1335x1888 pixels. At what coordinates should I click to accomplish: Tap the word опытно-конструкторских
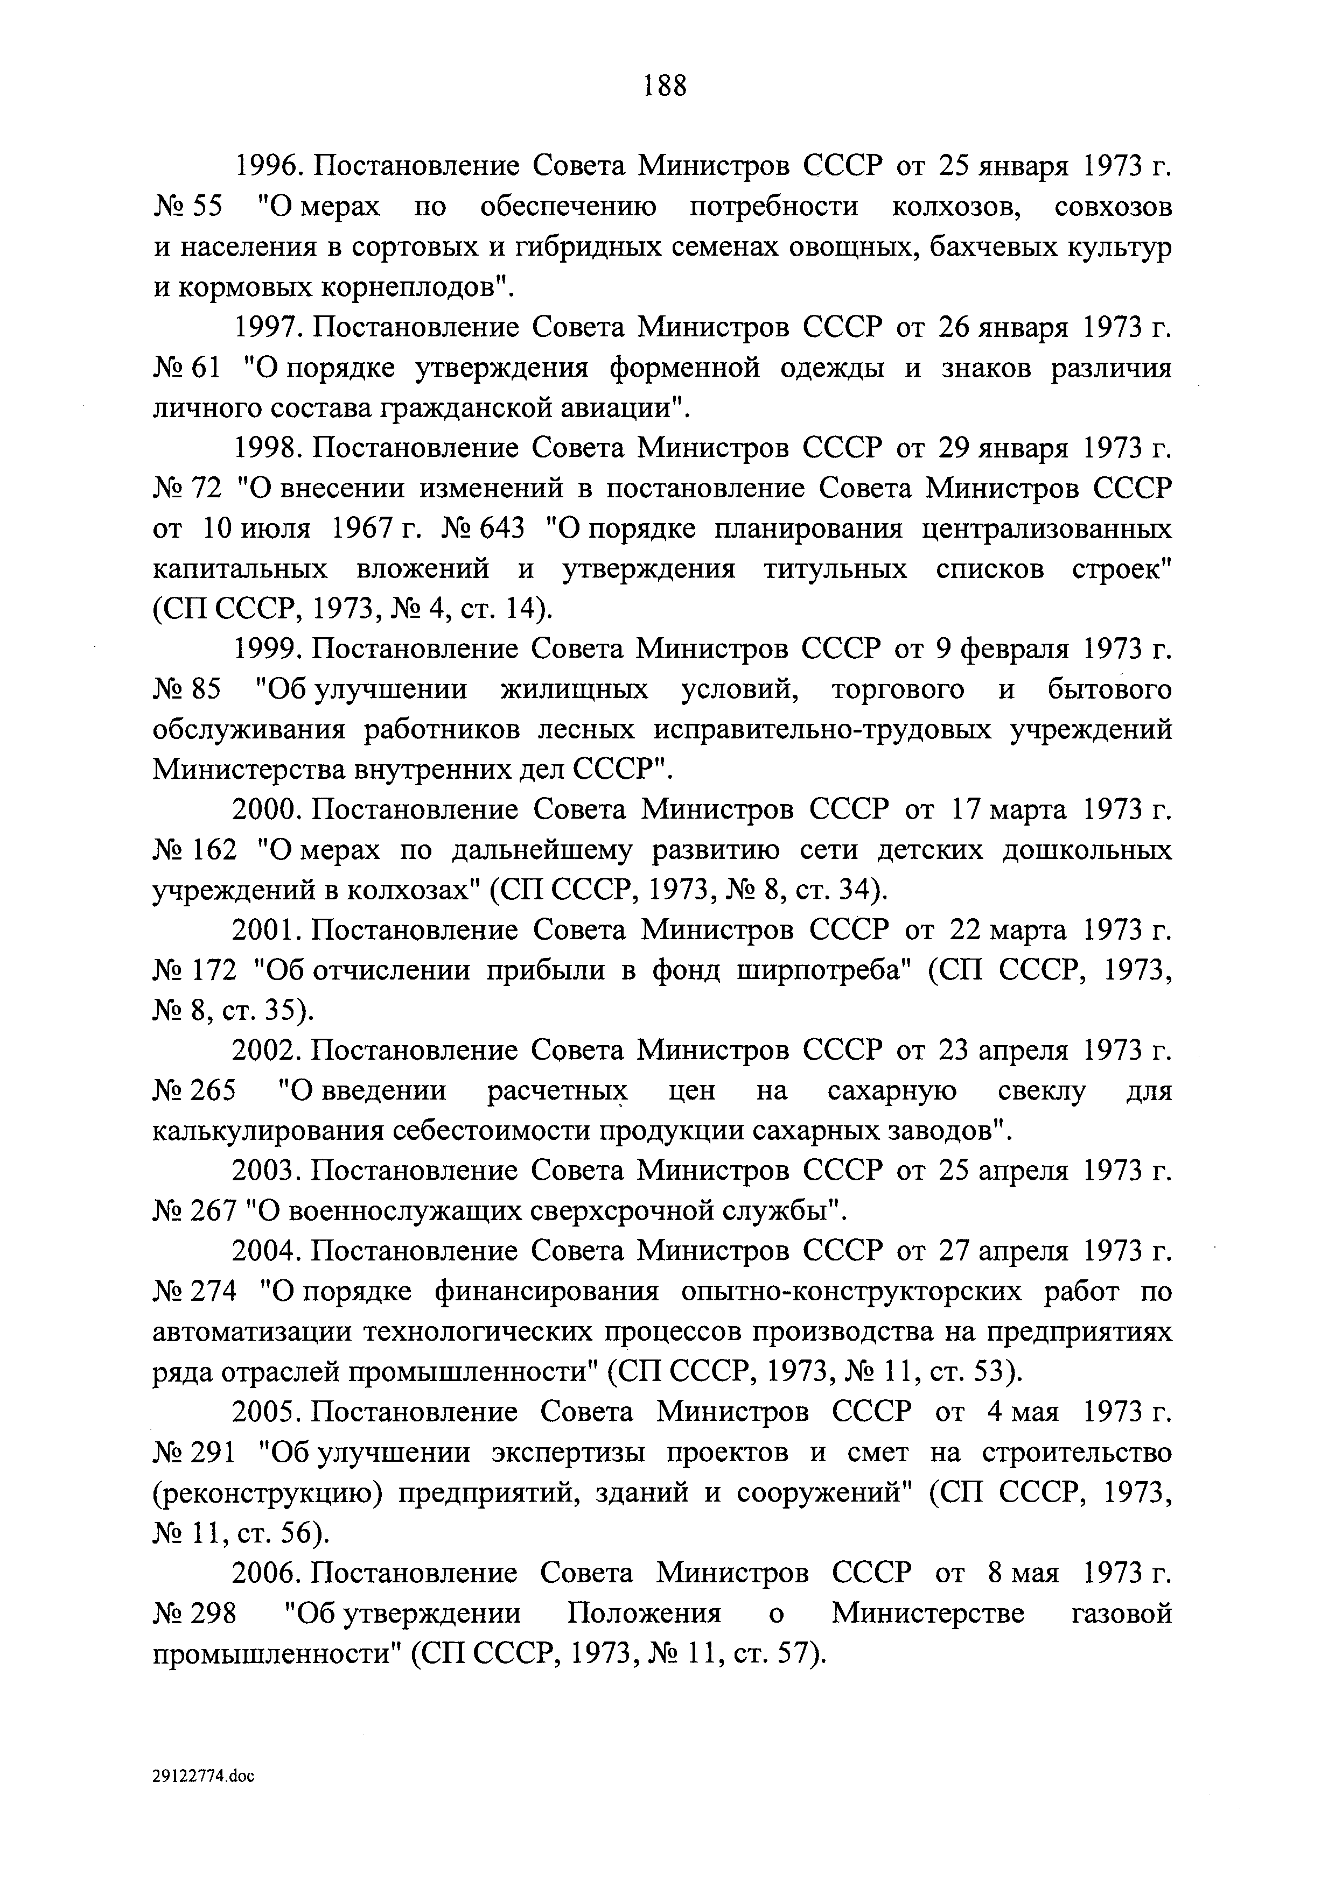point(851,1293)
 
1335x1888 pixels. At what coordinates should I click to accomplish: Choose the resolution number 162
point(214,850)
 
